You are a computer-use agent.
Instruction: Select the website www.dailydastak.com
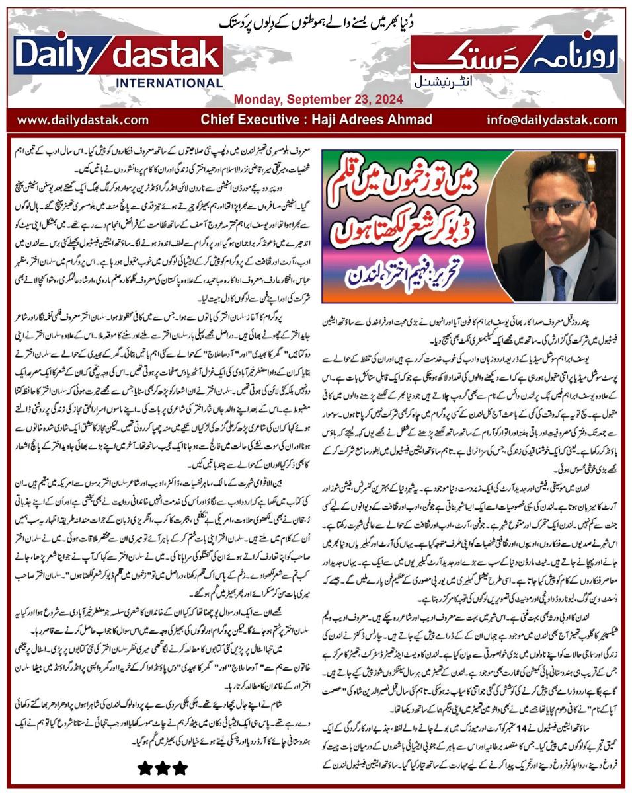(83, 120)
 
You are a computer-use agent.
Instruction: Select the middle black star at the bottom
(162, 767)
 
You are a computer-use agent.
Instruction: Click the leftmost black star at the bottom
(145, 767)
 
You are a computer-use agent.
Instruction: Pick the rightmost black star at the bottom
(179, 767)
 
